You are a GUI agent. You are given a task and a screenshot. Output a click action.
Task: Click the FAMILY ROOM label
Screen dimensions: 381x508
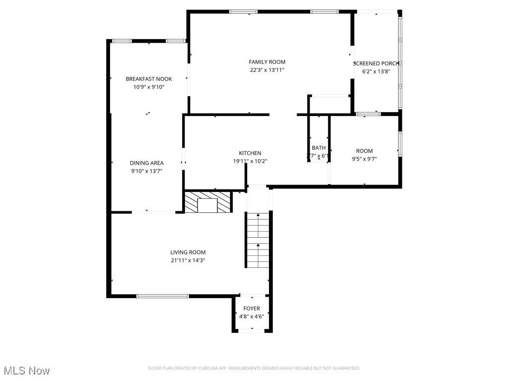click(267, 62)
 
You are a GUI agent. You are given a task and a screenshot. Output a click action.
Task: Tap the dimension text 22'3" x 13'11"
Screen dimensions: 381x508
click(267, 70)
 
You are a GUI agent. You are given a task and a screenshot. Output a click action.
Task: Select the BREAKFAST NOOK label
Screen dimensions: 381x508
click(148, 79)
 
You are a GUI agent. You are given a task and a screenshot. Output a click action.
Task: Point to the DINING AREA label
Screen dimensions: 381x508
click(147, 163)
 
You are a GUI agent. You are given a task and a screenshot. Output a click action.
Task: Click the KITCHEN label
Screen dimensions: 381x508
click(250, 153)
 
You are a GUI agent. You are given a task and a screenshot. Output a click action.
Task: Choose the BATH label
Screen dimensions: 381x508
click(318, 148)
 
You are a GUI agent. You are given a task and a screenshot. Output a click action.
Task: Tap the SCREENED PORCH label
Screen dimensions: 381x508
click(376, 63)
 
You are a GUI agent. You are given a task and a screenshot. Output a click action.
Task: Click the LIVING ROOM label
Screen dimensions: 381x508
click(188, 253)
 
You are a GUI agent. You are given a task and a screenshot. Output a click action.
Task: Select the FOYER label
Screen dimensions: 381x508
click(252, 309)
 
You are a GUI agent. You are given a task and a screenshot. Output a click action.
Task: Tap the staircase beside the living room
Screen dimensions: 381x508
click(258, 241)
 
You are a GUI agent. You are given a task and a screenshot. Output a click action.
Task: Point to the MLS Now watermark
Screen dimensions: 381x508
click(27, 371)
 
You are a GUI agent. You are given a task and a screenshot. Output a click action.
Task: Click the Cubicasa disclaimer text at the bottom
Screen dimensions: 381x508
click(254, 368)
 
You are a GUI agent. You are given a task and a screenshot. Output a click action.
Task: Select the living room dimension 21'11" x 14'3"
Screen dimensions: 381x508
click(188, 260)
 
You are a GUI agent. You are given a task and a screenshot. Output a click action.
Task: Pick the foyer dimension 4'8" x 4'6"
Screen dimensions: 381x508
click(252, 317)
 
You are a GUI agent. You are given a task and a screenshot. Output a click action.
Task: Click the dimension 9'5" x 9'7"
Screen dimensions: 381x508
click(364, 159)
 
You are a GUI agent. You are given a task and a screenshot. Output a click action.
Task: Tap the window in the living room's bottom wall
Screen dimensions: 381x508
click(163, 296)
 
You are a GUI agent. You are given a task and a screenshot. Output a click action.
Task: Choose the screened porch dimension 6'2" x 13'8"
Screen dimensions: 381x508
click(376, 71)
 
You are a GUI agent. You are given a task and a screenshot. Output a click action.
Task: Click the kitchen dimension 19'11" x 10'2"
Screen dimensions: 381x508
click(250, 161)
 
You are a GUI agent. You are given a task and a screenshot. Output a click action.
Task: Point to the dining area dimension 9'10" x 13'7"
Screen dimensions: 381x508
click(147, 171)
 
